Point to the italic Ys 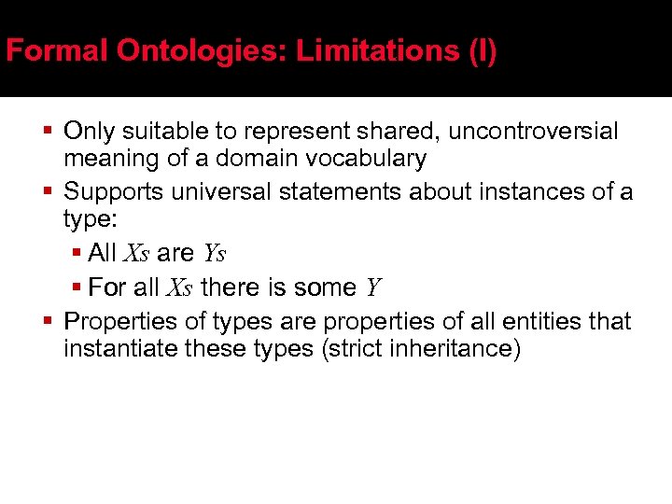(214, 254)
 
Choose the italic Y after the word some (373, 288)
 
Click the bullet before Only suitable (47, 131)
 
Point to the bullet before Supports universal (47, 191)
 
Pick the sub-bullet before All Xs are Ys (78, 253)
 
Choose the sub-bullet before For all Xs (78, 287)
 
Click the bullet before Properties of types (47, 321)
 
